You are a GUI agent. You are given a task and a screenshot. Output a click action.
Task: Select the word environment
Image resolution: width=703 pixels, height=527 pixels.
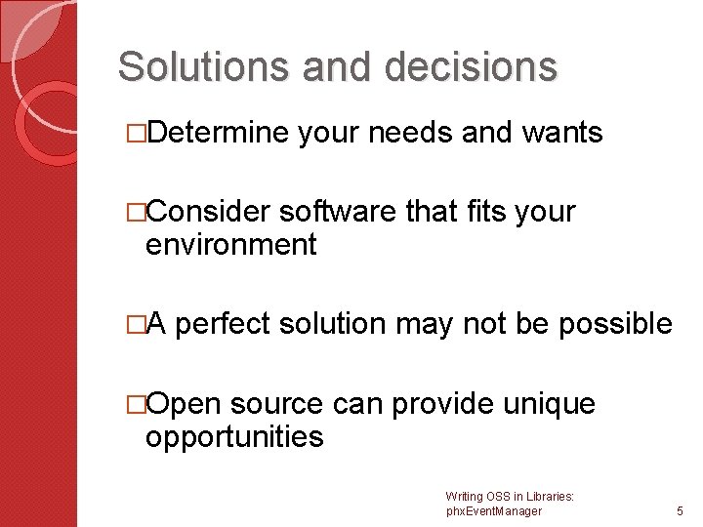tap(230, 245)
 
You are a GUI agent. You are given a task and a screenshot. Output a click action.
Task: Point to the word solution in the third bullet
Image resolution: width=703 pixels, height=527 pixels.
tap(344, 323)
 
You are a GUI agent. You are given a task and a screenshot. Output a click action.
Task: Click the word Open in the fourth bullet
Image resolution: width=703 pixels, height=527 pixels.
tap(185, 403)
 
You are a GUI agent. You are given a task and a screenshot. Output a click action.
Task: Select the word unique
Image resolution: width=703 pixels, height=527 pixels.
tap(551, 403)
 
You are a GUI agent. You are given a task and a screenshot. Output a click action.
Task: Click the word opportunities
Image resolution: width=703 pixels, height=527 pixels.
tap(233, 436)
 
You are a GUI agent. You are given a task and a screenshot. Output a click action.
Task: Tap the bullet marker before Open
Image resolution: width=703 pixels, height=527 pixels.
tap(137, 403)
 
